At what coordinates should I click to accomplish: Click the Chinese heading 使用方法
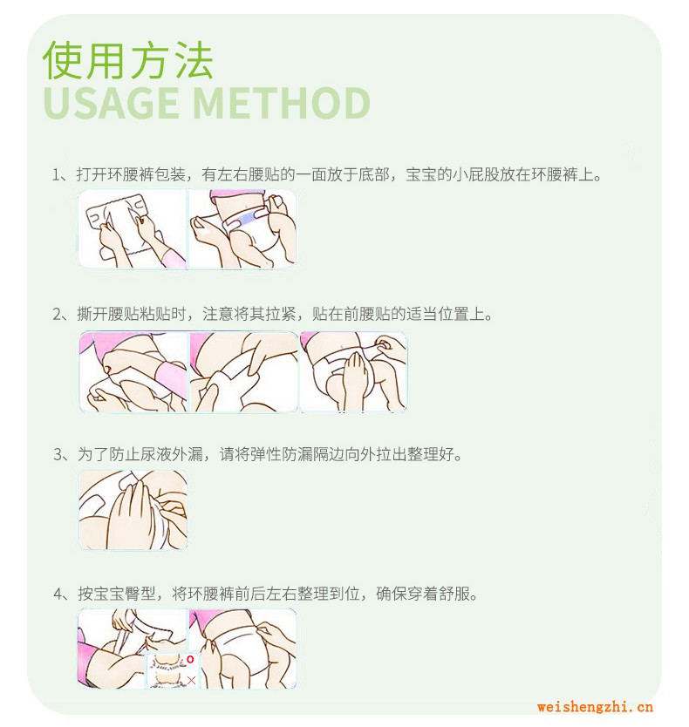coord(127,60)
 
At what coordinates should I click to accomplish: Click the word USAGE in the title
coord(111,103)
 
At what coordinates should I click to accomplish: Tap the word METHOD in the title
coord(281,103)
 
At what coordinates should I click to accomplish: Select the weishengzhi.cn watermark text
coord(595,707)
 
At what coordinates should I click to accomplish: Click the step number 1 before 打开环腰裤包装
coord(57,175)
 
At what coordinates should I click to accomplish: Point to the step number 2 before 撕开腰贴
coord(58,315)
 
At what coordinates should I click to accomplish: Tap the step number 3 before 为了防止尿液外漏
coord(58,454)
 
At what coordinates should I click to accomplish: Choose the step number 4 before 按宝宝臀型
coord(58,594)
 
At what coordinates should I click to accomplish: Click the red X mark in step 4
coord(191,680)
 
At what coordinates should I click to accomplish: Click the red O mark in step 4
coord(190,659)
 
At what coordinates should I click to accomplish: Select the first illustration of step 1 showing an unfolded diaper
coord(133,228)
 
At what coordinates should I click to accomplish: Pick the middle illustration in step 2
coord(243,372)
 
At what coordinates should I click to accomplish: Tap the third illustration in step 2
coord(353,372)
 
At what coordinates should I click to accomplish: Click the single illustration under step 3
coord(133,510)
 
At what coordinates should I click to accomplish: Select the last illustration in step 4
coord(242,649)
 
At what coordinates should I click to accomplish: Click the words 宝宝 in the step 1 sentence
coord(421,175)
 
